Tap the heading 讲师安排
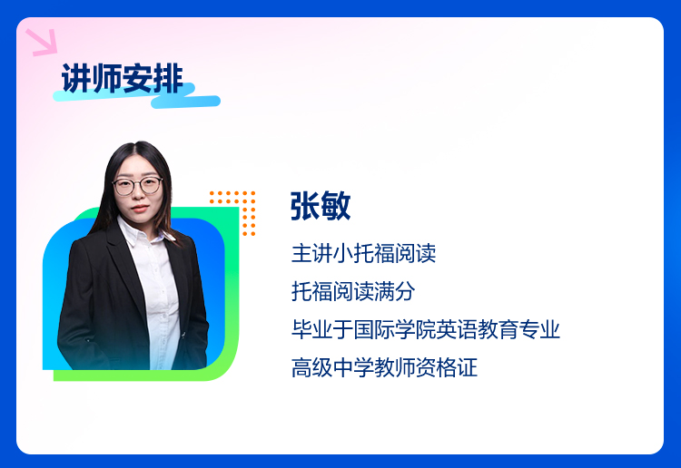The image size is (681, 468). point(123,79)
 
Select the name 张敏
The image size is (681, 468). point(321,206)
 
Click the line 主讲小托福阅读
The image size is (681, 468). point(363,253)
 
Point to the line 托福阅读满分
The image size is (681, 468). point(353,291)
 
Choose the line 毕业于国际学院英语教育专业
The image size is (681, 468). point(426,329)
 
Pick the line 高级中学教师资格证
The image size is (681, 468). point(384,367)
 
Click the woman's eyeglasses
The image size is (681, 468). point(137,186)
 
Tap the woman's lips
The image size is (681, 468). point(140,209)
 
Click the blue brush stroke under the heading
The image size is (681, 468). point(137,97)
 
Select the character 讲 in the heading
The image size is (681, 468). point(76,79)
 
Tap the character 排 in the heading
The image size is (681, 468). point(169,79)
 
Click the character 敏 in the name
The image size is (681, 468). point(336,206)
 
